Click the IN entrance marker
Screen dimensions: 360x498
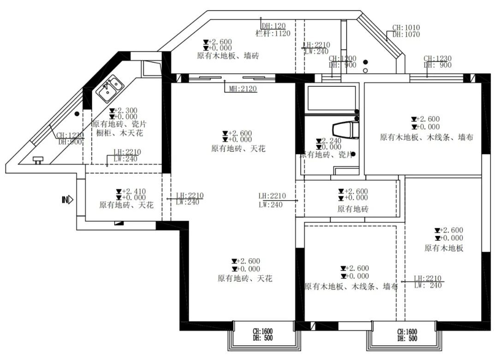(67, 200)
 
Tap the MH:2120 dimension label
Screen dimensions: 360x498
(243, 89)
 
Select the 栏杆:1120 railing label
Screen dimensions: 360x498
(273, 33)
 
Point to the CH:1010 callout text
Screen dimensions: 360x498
(406, 28)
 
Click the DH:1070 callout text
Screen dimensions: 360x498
(406, 34)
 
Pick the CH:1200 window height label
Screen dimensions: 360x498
(342, 59)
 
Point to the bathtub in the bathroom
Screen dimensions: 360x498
(331, 98)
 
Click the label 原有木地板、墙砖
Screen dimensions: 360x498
(228, 56)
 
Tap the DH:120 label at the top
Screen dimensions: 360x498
(273, 26)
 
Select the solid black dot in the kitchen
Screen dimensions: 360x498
(77, 113)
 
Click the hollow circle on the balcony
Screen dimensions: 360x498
(365, 71)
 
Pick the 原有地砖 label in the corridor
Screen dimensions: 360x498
(353, 209)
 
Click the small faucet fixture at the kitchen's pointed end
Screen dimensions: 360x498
(37, 159)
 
